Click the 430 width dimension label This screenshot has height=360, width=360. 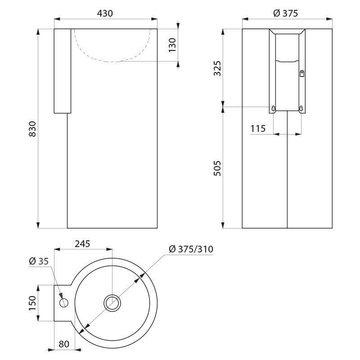click(105, 13)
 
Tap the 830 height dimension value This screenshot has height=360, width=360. click(32, 129)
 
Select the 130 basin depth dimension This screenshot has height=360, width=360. click(172, 45)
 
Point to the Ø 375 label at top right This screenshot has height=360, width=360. click(286, 13)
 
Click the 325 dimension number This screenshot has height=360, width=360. click(217, 68)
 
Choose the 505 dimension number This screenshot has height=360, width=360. click(217, 168)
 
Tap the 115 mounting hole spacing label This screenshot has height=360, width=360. click(258, 129)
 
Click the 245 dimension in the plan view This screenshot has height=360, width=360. click(82, 243)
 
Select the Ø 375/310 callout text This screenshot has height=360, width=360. click(191, 249)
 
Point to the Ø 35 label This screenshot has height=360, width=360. click(39, 261)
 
